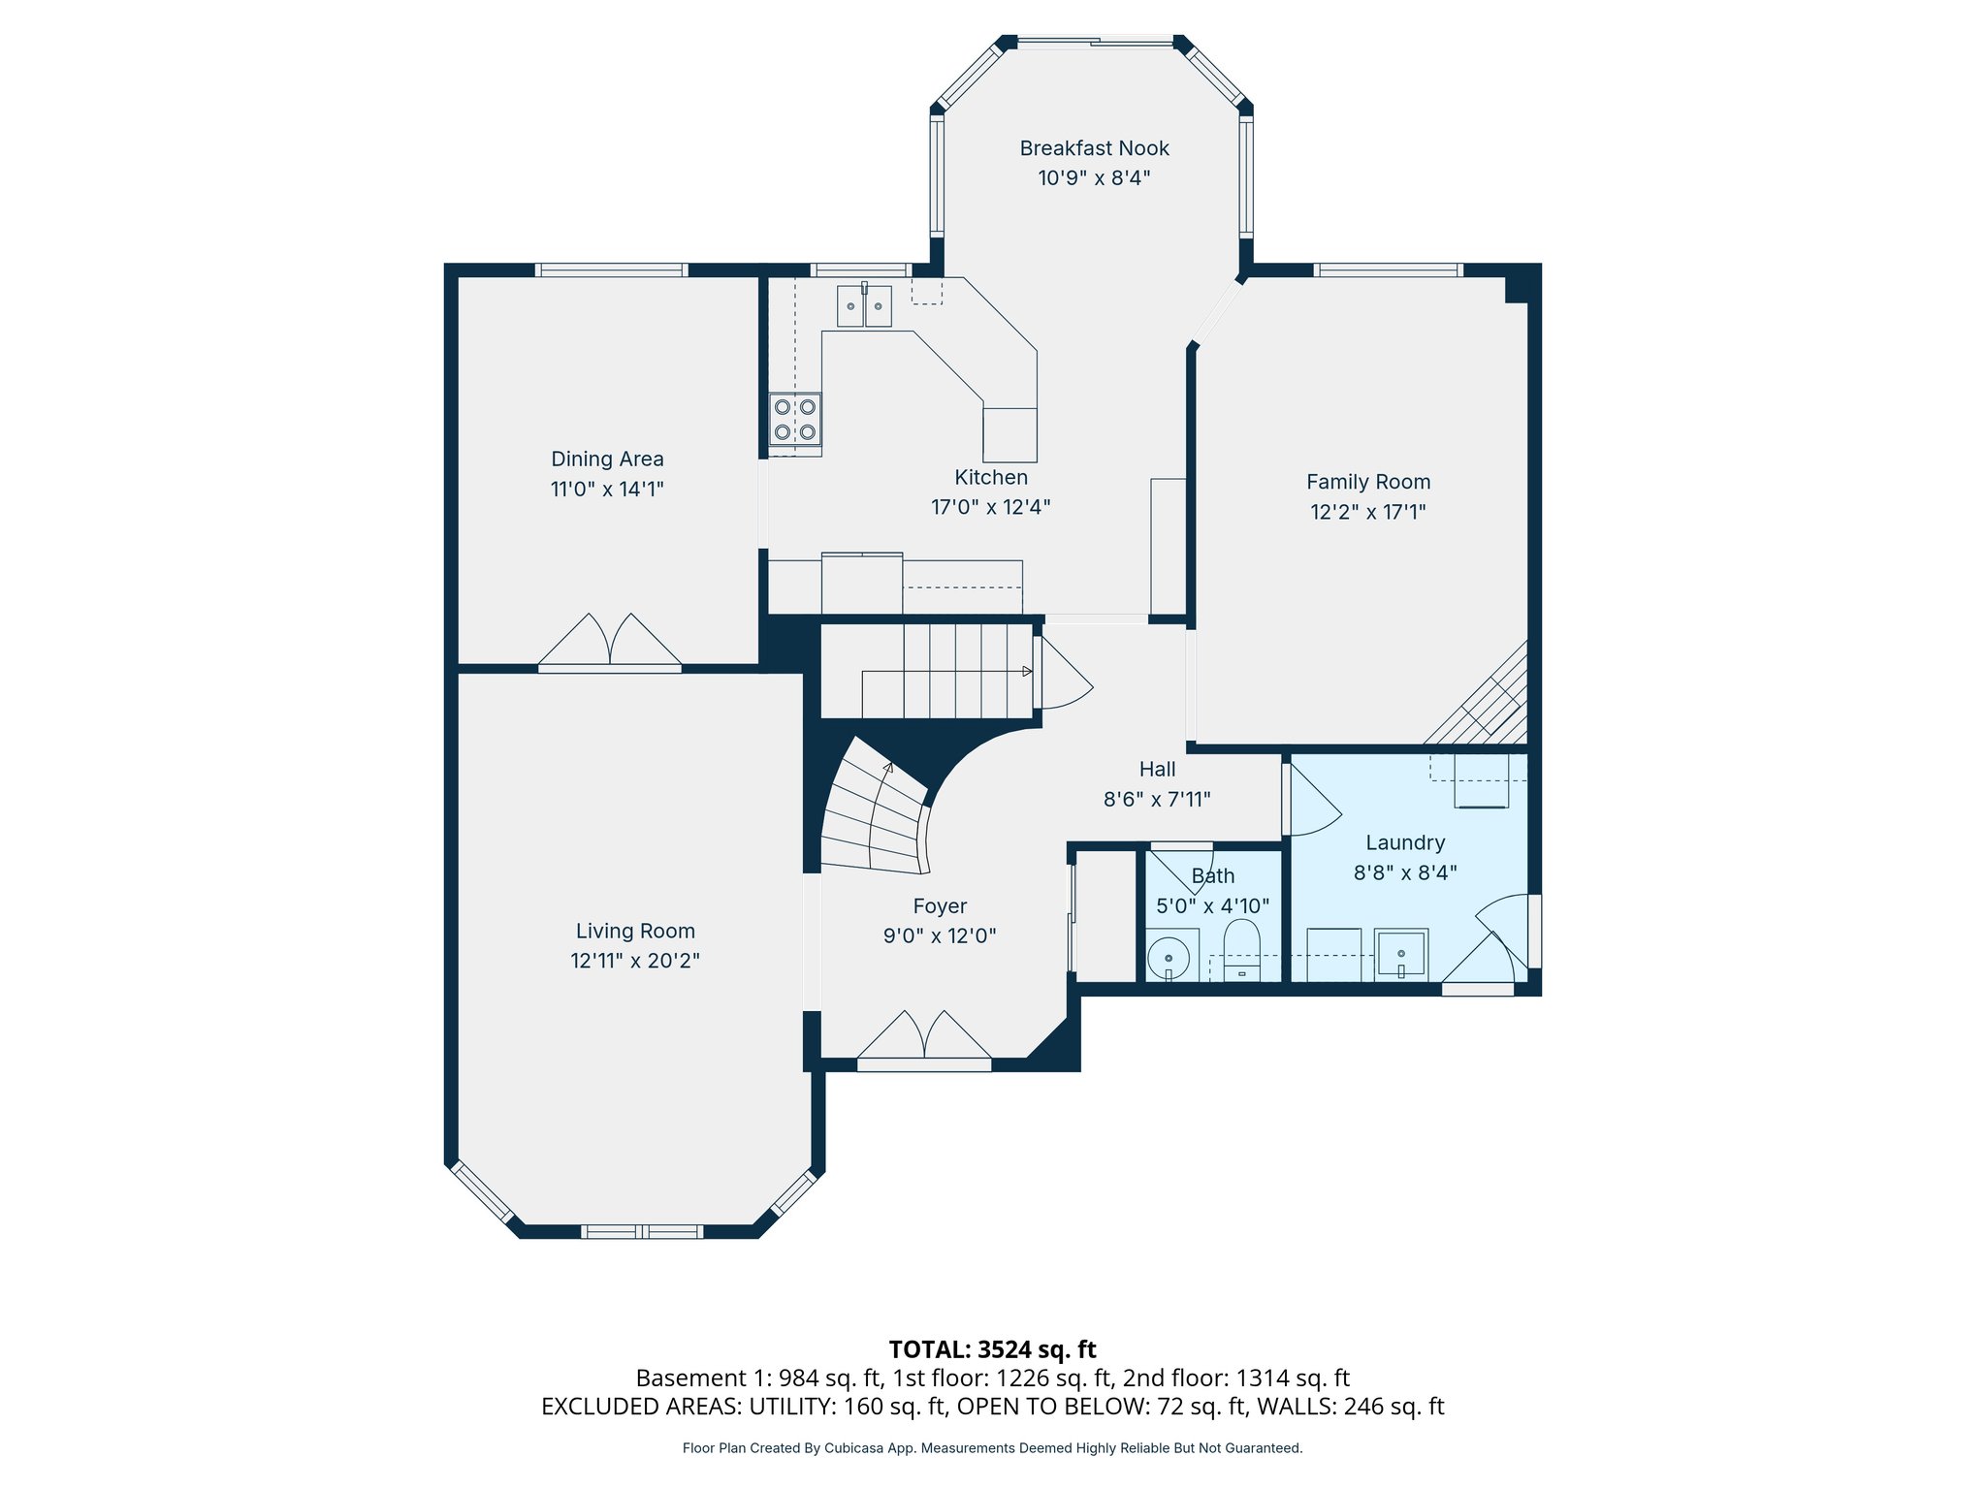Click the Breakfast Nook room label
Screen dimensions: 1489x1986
1094,148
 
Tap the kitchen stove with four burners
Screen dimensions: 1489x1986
795,419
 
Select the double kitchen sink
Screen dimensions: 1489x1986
864,306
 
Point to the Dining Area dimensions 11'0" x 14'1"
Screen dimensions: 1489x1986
607,489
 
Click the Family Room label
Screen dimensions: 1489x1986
1367,482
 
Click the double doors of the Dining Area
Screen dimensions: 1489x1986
610,642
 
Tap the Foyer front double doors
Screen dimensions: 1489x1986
924,1037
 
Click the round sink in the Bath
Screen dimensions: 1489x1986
1169,958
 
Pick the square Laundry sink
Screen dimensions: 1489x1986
1400,953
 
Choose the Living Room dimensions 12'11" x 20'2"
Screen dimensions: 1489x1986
635,961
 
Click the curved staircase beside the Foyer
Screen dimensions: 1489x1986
873,814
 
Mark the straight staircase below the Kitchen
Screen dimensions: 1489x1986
926,671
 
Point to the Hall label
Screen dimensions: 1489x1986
1157,770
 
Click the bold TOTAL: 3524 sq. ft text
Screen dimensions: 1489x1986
992,1349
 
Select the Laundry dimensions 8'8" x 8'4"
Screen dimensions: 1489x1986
1405,872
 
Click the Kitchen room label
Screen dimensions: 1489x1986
991,477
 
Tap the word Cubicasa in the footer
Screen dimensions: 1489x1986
853,1448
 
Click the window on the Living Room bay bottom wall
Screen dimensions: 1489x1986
642,1232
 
